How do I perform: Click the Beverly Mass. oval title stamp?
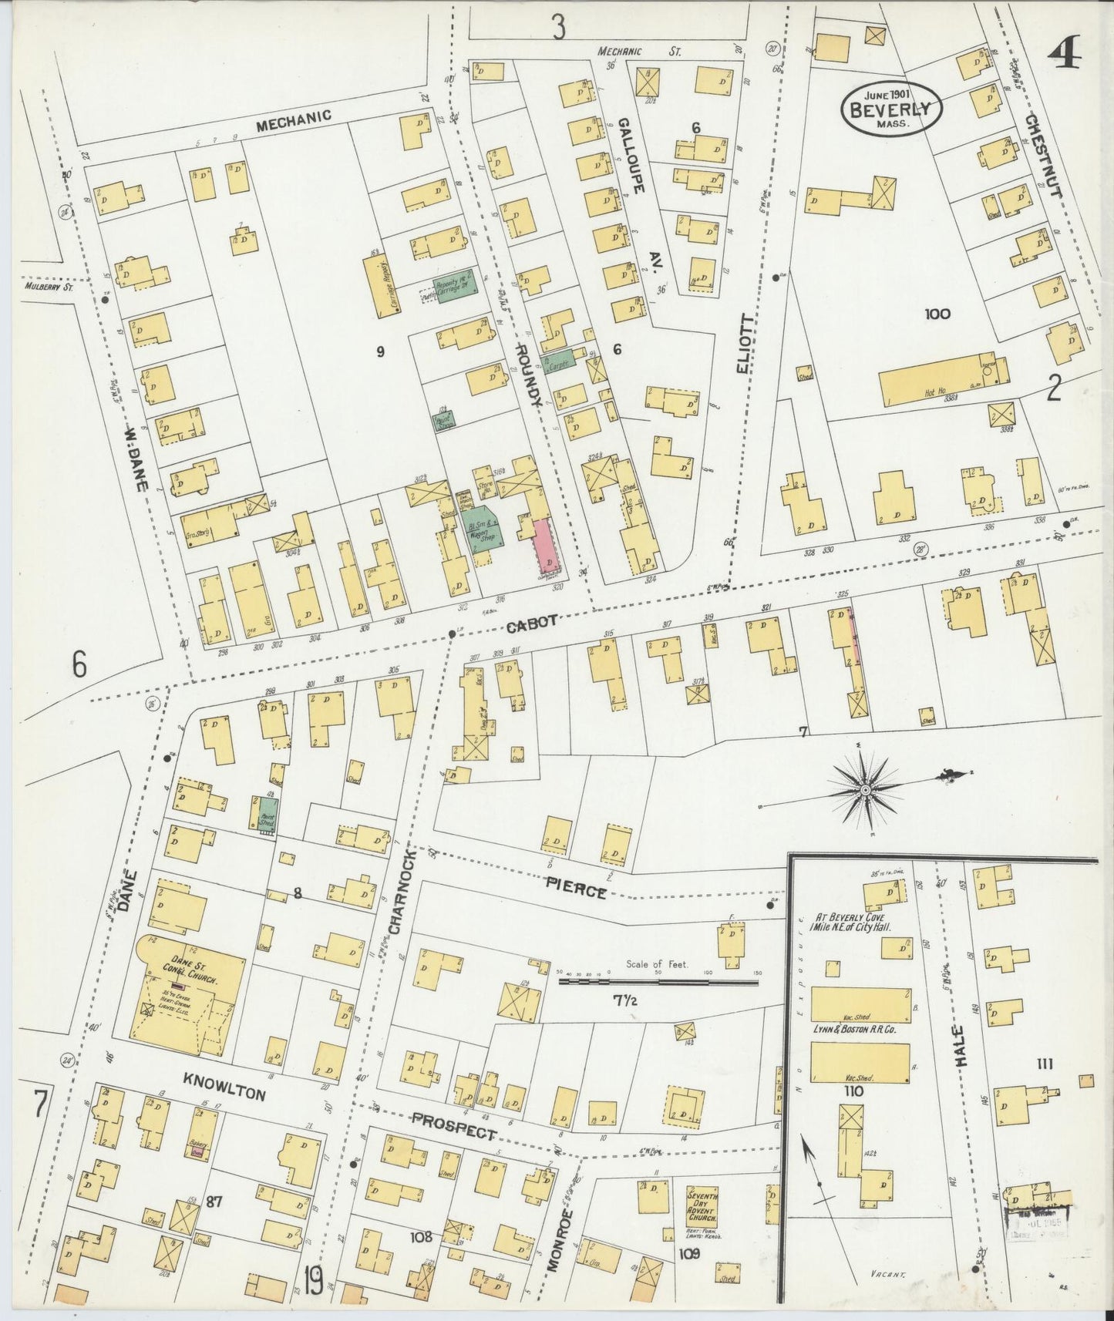[x=891, y=109]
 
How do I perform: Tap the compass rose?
[x=865, y=790]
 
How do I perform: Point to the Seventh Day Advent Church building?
[x=702, y=1216]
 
